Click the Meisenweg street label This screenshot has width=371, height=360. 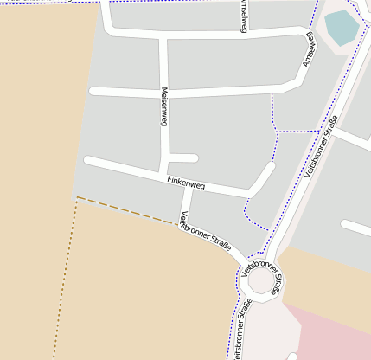coord(163,107)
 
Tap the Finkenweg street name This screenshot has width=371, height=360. coord(186,183)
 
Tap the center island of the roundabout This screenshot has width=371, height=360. coord(262,280)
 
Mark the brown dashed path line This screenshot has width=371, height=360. coord(130,211)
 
